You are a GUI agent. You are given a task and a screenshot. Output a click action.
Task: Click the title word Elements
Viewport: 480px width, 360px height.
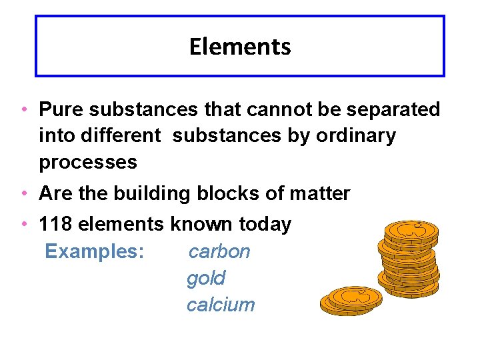point(240,47)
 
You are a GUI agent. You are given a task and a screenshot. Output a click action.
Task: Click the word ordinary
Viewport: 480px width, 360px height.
point(357,136)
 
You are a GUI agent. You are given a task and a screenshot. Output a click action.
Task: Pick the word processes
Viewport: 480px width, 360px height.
point(88,162)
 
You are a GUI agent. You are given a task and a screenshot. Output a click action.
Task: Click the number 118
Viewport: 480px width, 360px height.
point(56,225)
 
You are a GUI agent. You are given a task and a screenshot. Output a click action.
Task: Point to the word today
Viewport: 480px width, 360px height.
point(265,225)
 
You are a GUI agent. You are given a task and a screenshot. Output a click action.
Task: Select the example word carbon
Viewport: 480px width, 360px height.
point(219,251)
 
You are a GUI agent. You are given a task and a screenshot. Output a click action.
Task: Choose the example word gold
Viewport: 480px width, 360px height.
point(206,278)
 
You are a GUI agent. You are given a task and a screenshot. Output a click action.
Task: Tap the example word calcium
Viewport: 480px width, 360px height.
point(221,305)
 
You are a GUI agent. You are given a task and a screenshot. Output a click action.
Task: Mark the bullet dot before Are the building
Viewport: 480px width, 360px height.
point(23,194)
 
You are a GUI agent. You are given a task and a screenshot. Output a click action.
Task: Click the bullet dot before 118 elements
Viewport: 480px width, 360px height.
point(23,225)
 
